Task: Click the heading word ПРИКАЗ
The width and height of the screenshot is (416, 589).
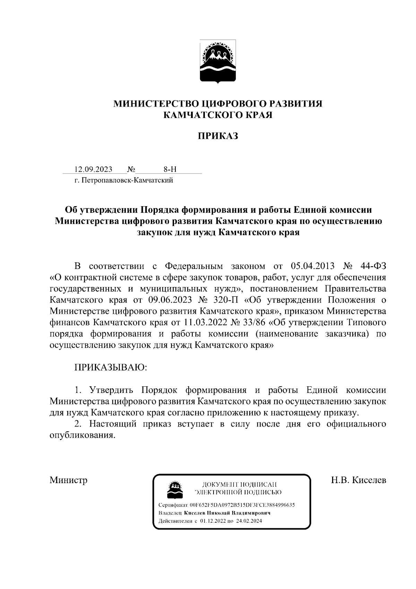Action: click(218, 136)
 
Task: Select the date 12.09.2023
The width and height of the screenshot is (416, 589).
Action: click(93, 169)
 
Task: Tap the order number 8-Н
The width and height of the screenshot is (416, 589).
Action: click(170, 169)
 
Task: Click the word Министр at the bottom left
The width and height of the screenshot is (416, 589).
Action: click(68, 480)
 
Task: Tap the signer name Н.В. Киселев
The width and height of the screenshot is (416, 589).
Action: click(358, 480)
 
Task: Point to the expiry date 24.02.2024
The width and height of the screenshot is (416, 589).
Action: click(250, 521)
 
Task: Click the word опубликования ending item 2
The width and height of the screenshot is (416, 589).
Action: click(82, 435)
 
